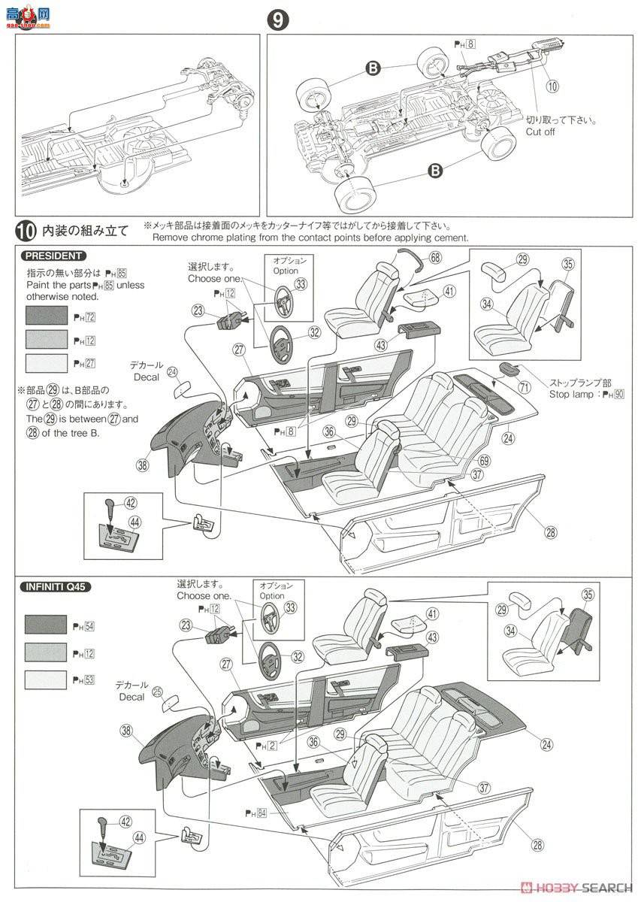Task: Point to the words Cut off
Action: click(x=540, y=131)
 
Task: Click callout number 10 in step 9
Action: click(x=552, y=86)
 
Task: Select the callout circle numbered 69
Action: click(x=485, y=460)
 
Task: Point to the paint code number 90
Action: click(x=618, y=394)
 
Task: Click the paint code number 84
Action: click(x=262, y=812)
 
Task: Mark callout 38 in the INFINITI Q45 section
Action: click(x=125, y=731)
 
